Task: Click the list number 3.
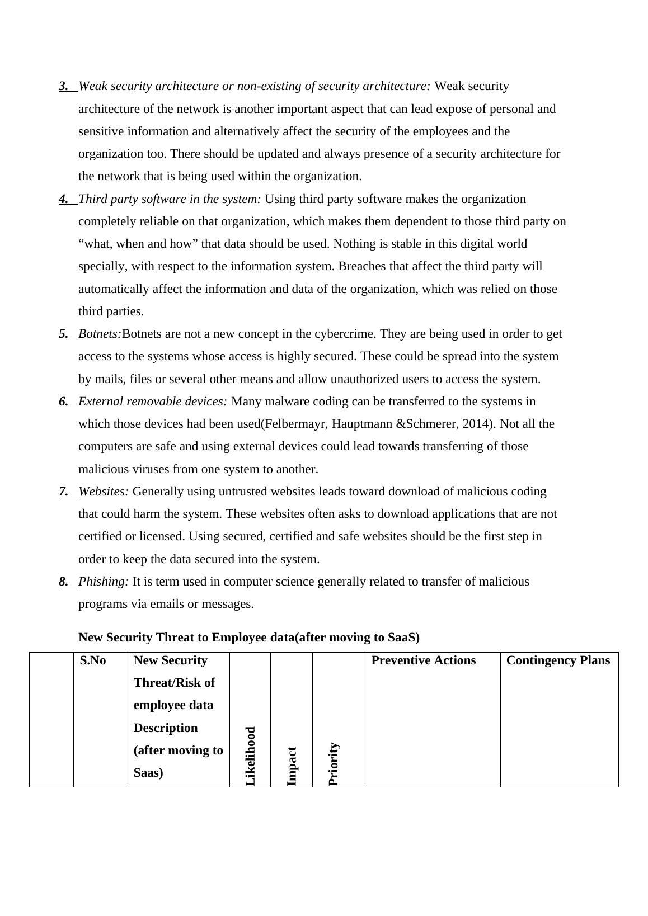click(64, 86)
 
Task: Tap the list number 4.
click(64, 199)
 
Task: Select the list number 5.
click(64, 334)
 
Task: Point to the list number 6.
click(64, 402)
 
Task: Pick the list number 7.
click(64, 492)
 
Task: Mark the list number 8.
click(64, 582)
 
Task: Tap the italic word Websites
click(104, 492)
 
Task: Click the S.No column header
click(93, 660)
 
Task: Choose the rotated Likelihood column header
click(251, 756)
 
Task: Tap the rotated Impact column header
click(292, 766)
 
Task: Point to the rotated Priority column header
click(334, 763)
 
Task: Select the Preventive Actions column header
click(423, 660)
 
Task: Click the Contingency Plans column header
click(558, 660)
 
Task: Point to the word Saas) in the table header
click(148, 773)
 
